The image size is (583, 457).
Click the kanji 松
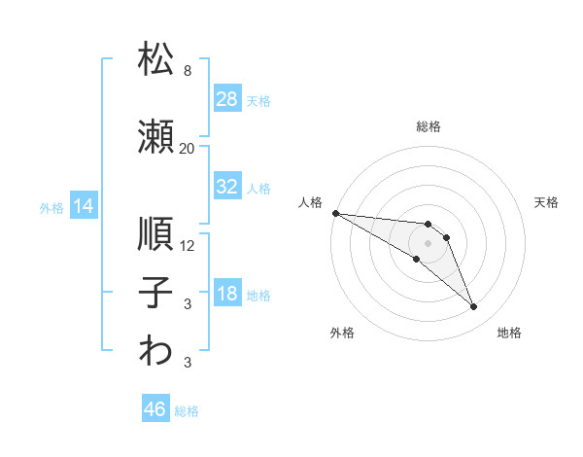pyautogui.click(x=155, y=58)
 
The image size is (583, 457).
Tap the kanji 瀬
pyautogui.click(x=155, y=136)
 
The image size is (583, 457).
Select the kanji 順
pyautogui.click(x=155, y=233)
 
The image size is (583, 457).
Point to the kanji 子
pyautogui.click(x=155, y=292)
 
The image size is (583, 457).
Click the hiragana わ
pyautogui.click(x=155, y=350)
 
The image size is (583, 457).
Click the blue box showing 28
pyautogui.click(x=227, y=98)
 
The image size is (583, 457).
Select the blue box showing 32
pyautogui.click(x=227, y=186)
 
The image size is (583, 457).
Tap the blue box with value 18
pyautogui.click(x=227, y=292)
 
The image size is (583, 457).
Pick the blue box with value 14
pyautogui.click(x=84, y=205)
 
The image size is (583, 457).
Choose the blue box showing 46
pyautogui.click(x=155, y=407)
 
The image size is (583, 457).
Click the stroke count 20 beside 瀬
pyautogui.click(x=187, y=149)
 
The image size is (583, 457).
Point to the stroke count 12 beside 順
pyautogui.click(x=187, y=246)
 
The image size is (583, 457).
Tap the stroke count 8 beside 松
pyautogui.click(x=188, y=71)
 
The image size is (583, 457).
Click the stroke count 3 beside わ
pyautogui.click(x=188, y=363)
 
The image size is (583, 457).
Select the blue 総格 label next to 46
pyautogui.click(x=187, y=411)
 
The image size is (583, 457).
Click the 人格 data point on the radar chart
pyautogui.click(x=336, y=213)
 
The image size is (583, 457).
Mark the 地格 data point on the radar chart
pyautogui.click(x=474, y=307)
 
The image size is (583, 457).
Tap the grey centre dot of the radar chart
pyautogui.click(x=428, y=243)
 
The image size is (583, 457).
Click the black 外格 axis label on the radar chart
pyautogui.click(x=342, y=333)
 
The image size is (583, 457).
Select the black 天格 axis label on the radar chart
pyautogui.click(x=546, y=202)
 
